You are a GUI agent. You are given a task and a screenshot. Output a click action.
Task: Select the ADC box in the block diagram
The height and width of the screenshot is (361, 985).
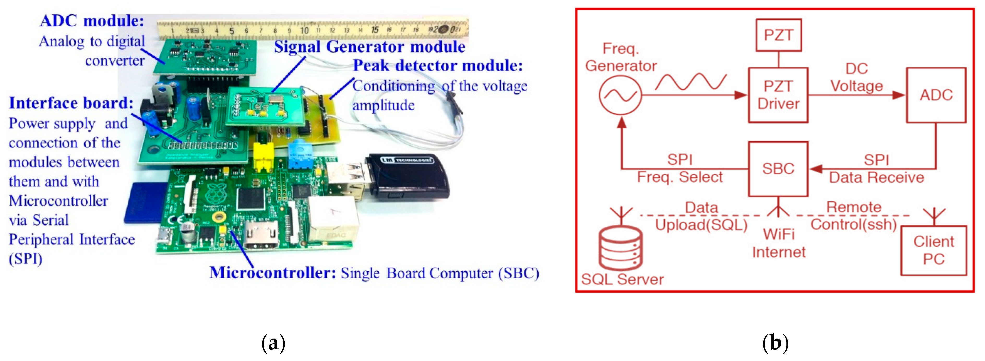pyautogui.click(x=936, y=95)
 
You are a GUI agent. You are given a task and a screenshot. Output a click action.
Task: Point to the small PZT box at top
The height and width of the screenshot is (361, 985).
pyautogui.click(x=778, y=35)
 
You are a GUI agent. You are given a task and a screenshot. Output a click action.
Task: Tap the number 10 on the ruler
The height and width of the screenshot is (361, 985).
pyautogui.click(x=304, y=31)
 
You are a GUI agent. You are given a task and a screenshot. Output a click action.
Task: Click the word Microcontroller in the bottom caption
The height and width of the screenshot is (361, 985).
pyautogui.click(x=272, y=273)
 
